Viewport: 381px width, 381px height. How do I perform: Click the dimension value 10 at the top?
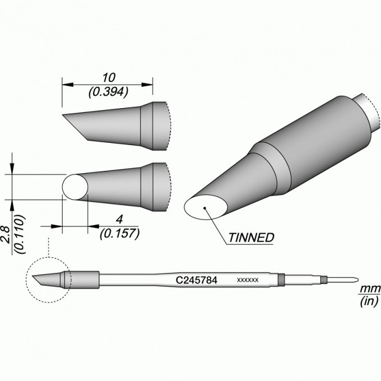(x=109, y=78)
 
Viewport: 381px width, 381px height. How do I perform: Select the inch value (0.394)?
(x=108, y=92)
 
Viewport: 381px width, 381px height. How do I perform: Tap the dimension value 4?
(x=119, y=220)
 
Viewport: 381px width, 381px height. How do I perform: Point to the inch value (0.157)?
(x=119, y=234)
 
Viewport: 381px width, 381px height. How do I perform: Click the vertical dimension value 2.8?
(x=6, y=235)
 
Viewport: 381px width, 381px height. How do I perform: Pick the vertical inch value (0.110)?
(x=20, y=234)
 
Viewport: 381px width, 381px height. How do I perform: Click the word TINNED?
(x=251, y=238)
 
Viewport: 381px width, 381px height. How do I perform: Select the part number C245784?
(x=196, y=280)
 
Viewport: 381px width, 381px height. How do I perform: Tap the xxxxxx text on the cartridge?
(x=248, y=280)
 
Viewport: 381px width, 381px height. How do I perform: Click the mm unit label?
(x=369, y=289)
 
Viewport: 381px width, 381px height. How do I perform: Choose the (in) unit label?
(x=369, y=301)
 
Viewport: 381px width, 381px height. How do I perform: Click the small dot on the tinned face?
(x=205, y=201)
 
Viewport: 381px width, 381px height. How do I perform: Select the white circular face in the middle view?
(x=75, y=187)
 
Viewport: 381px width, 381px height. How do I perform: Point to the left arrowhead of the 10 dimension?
(x=68, y=85)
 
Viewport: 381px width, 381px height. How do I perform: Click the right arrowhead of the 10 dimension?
(x=147, y=85)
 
